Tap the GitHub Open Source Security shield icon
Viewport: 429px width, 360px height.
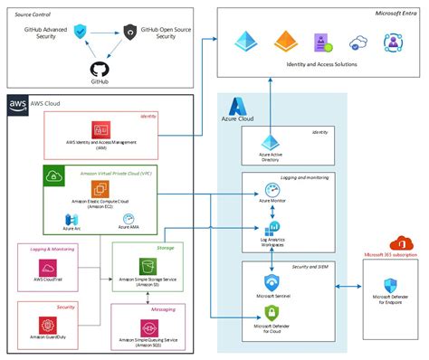pos(130,32)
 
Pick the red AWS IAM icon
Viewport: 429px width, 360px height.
pos(100,131)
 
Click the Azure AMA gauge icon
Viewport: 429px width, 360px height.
pos(128,218)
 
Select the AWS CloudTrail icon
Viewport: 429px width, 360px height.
pos(49,268)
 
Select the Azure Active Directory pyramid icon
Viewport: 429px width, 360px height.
pos(271,142)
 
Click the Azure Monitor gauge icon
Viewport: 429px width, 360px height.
pos(271,188)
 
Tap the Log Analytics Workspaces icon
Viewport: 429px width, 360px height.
pos(271,228)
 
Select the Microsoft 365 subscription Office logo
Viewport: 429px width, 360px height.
pos(398,242)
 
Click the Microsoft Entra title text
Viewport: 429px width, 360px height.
pos(400,14)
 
